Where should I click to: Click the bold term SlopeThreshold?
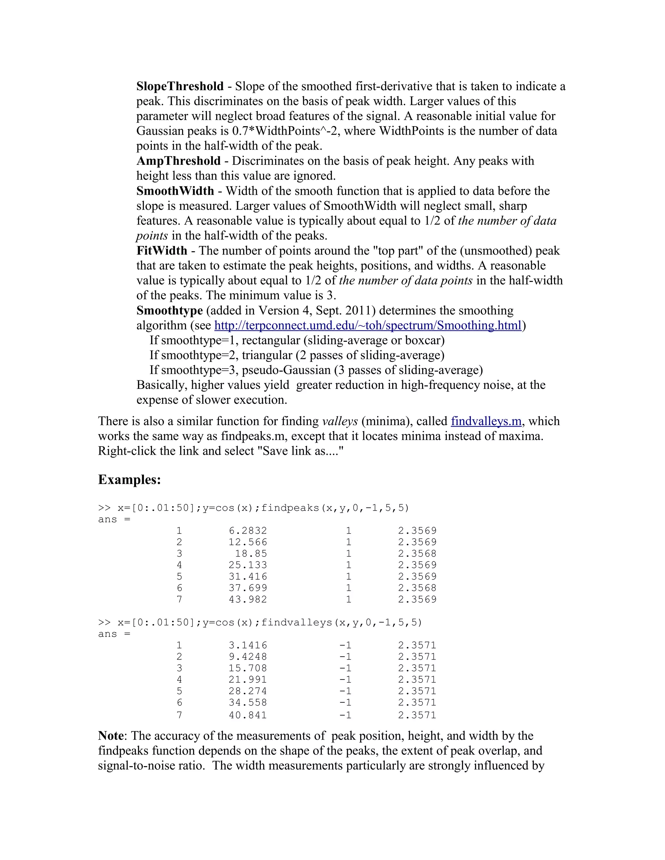tap(180, 86)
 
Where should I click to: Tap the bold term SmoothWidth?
tap(175, 191)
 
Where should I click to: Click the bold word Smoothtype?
tap(169, 311)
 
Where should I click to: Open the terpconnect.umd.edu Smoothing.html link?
tap(368, 326)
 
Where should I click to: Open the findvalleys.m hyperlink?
tap(486, 421)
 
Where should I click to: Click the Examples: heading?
tap(129, 480)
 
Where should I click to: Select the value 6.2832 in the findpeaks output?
tap(248, 531)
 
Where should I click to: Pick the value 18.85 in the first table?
tap(251, 554)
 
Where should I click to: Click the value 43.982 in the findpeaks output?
tap(248, 599)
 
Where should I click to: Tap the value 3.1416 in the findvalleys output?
tap(248, 645)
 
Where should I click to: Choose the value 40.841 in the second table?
tap(248, 715)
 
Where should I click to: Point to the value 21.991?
tap(248, 680)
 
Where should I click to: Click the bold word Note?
tap(111, 736)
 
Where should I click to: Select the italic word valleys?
tap(340, 421)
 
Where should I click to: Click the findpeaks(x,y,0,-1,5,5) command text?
tap(335, 508)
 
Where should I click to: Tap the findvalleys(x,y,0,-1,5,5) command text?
tap(342, 622)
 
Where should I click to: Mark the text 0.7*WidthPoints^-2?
tap(286, 131)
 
